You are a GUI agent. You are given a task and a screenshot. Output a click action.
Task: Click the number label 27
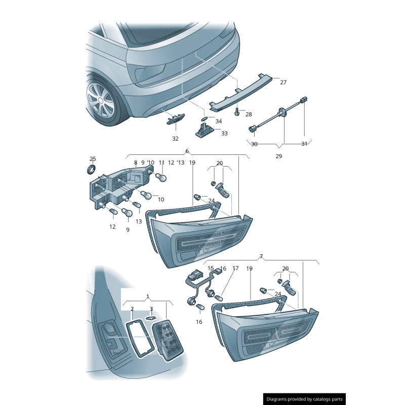[283, 82]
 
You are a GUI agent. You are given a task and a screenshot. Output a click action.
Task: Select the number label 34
[218, 121]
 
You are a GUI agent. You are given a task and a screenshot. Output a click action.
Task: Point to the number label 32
[175, 138]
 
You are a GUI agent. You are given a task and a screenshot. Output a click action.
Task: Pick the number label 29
[278, 156]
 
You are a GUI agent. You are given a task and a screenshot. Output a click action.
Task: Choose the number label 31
[304, 144]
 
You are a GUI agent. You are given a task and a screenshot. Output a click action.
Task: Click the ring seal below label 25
[93, 168]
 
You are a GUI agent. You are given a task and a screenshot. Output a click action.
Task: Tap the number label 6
[187, 151]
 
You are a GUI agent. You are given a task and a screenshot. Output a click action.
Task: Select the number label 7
[261, 257]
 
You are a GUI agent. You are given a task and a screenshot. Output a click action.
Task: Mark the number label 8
[136, 163]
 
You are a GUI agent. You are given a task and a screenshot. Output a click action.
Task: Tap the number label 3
[151, 309]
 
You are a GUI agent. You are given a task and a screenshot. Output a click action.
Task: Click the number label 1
[147, 296]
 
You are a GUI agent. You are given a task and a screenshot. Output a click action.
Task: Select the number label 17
[235, 268]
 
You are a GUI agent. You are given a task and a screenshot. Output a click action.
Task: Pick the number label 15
[211, 268]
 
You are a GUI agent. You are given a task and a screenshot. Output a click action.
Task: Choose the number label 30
[254, 144]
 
